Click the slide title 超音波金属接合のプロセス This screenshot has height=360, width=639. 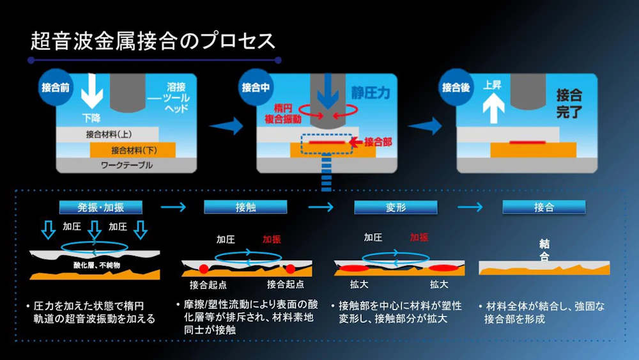pos(153,41)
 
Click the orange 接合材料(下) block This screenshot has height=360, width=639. pos(132,150)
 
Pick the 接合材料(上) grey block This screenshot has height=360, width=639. pos(107,135)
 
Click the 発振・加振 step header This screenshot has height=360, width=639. pos(101,207)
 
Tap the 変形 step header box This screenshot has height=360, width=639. pos(396,207)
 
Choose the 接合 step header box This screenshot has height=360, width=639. pos(544,207)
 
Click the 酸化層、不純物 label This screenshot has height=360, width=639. pos(96,264)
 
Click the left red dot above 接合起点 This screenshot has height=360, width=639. pos(204,267)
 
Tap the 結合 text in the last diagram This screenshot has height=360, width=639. pos(544,251)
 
